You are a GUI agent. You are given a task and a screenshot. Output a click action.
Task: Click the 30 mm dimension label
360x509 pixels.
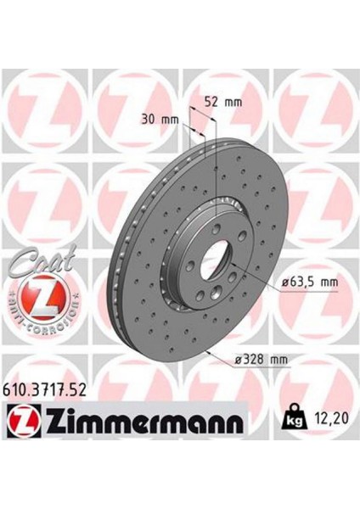click(x=161, y=120)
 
